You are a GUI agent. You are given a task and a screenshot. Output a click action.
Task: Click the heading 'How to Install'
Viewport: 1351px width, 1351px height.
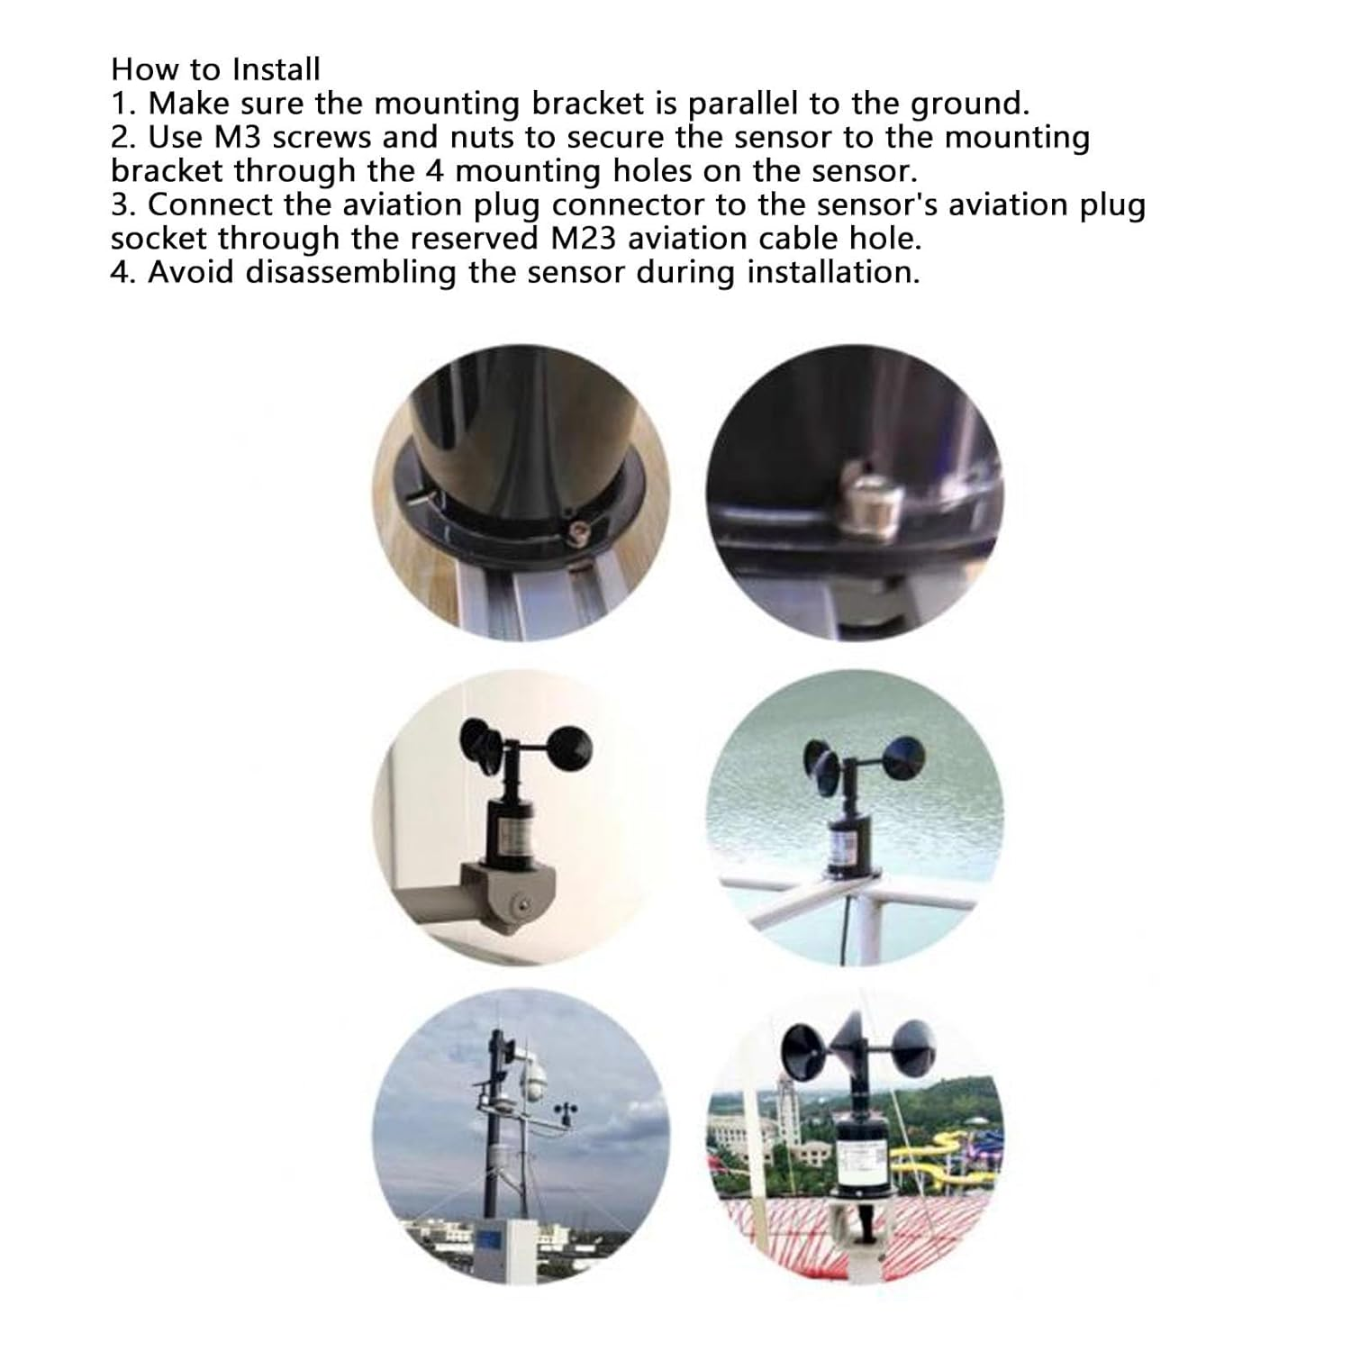(x=215, y=69)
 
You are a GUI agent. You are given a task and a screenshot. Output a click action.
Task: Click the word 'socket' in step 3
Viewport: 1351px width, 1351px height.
(x=159, y=239)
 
